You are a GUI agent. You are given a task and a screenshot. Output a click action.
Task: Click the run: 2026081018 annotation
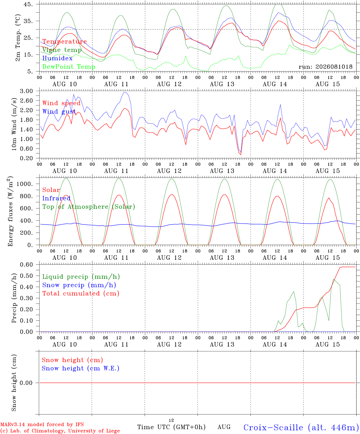[x=325, y=67]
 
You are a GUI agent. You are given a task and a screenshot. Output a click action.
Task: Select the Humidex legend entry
[x=57, y=58]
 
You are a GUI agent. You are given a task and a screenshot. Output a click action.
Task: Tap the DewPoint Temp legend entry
[x=69, y=67]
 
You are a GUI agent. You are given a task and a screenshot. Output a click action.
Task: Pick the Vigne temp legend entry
[x=62, y=50]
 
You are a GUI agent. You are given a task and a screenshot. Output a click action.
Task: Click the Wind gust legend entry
[x=59, y=112]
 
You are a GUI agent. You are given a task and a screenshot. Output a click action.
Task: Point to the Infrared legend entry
[x=56, y=198]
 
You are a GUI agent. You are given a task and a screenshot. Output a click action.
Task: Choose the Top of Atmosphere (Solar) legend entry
[x=89, y=207]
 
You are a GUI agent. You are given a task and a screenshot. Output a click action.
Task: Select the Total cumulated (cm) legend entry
[x=81, y=294]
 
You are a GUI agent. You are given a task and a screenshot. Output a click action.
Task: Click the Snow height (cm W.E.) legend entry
[x=81, y=368]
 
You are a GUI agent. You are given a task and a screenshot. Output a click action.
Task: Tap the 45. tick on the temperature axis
[x=28, y=4]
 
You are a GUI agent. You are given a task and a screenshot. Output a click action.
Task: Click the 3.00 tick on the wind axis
[x=26, y=91]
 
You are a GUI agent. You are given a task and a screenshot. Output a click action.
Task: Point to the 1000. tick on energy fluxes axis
[x=24, y=184]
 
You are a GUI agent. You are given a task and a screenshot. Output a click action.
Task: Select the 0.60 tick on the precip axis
[x=26, y=265]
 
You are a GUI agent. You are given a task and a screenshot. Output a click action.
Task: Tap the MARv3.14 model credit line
[x=42, y=424]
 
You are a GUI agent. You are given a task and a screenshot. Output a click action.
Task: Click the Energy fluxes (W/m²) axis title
[x=10, y=211]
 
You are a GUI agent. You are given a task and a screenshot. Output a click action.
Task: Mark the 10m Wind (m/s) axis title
[x=14, y=124]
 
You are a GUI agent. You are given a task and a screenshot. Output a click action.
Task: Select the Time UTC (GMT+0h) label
[x=171, y=427]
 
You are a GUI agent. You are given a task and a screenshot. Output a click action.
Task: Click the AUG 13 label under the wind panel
[x=222, y=171]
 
